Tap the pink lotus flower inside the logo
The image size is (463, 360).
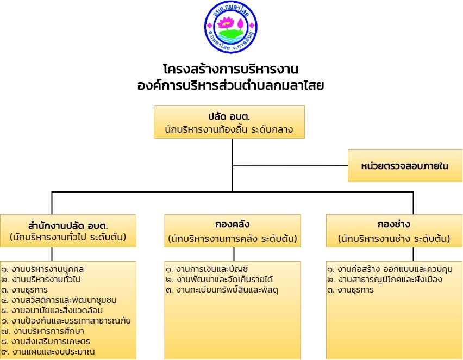pyautogui.click(x=226, y=23)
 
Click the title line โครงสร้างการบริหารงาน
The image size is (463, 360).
pyautogui.click(x=230, y=69)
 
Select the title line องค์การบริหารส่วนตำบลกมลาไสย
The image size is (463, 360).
pyautogui.click(x=230, y=85)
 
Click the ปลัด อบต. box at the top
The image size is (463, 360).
pyautogui.click(x=229, y=122)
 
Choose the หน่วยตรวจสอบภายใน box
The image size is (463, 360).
pyautogui.click(x=405, y=165)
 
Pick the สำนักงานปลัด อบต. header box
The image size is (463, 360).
pyautogui.click(x=68, y=231)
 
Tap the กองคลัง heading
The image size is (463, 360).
pyautogui.click(x=233, y=225)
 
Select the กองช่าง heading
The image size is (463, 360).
pyautogui.click(x=394, y=225)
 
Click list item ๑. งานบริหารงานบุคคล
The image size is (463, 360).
pyautogui.click(x=42, y=269)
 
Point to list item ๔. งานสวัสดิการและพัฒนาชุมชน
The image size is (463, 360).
pyautogui.click(x=59, y=300)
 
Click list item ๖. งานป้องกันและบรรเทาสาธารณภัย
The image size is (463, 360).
pyautogui.click(x=66, y=321)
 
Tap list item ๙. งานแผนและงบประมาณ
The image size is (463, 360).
pyautogui.click(x=48, y=352)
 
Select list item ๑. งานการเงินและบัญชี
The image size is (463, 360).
pyautogui.click(x=207, y=269)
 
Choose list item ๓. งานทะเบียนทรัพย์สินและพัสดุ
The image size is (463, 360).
pyautogui.click(x=222, y=290)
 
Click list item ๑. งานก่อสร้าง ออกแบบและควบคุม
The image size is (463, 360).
pyautogui.click(x=390, y=269)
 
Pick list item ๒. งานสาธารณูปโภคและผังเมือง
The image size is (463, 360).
pyautogui.click(x=385, y=280)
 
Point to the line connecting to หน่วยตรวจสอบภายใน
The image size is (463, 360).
pyautogui.click(x=290, y=165)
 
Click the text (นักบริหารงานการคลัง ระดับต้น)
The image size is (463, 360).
pyautogui.click(x=233, y=239)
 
